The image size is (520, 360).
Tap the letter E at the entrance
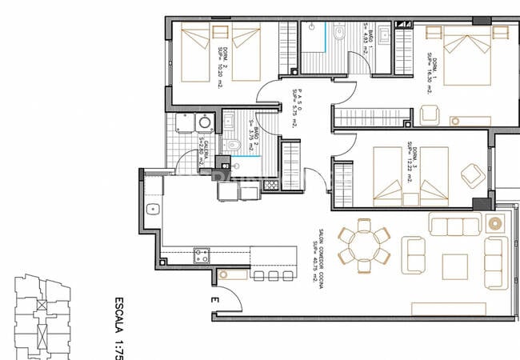214,300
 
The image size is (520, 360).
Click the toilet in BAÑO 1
339,34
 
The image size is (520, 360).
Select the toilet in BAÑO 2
234,145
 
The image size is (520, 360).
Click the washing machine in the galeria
204,122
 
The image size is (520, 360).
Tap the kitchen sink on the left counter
153,210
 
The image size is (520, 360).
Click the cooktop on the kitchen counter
202,257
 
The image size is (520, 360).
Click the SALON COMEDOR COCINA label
320,257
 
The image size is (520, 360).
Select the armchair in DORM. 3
471,174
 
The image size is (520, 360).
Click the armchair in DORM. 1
430,114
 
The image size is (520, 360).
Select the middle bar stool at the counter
274,276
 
